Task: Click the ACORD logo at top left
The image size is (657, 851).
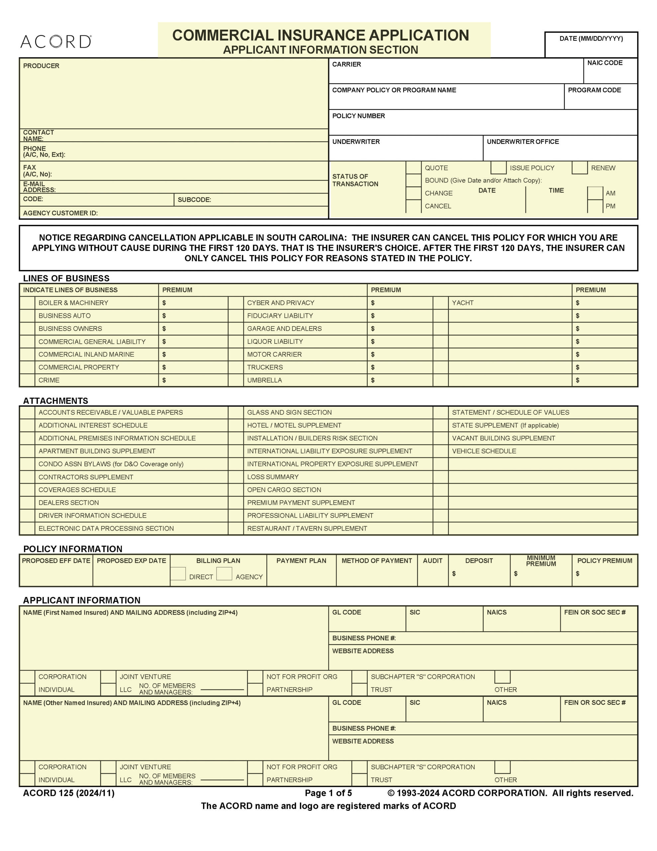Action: pos(56,42)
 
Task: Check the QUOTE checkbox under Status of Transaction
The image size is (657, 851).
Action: pos(413,168)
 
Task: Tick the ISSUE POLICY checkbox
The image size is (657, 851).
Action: pos(498,168)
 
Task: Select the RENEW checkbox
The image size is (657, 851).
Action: pos(579,168)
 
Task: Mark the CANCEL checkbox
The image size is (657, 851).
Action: pos(413,206)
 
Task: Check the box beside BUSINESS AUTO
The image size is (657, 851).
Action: pos(27,315)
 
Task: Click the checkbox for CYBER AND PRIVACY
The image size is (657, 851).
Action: pos(235,303)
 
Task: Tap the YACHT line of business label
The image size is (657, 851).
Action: pos(462,303)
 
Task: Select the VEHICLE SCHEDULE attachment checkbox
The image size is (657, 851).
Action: pos(440,451)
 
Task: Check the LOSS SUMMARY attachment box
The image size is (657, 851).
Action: pos(235,477)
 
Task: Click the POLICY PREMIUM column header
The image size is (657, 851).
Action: pos(605,561)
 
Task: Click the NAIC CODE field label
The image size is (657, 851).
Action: pos(605,63)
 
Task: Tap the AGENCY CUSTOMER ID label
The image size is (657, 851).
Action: pos(60,213)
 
